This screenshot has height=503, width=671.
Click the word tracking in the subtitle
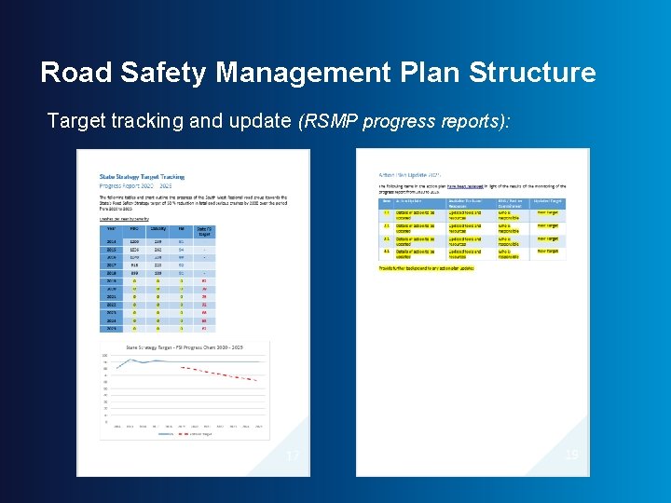coord(142,121)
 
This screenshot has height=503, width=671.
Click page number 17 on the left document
coord(293,455)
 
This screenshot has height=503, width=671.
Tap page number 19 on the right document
coord(571,454)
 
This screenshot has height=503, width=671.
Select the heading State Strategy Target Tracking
coord(142,176)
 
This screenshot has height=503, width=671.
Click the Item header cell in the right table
coord(387,201)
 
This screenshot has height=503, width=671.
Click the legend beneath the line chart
coord(185,433)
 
